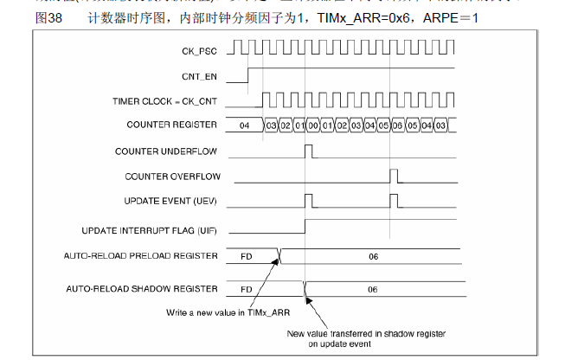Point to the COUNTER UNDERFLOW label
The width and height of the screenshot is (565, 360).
(166, 151)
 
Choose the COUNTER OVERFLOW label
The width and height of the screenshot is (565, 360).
(173, 177)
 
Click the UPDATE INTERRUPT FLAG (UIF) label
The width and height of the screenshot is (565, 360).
(150, 230)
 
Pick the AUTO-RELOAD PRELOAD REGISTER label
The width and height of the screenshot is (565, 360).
(141, 255)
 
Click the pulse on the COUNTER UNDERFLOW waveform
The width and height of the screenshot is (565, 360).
(310, 151)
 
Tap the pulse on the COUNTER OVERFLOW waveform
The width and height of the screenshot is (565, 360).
(394, 177)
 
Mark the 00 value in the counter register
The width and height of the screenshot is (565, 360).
(312, 126)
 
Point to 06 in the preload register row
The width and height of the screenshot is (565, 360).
(373, 256)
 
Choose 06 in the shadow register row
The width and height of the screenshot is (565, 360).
(373, 289)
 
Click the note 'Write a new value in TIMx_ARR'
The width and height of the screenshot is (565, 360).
(227, 312)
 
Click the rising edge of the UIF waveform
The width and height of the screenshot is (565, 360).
(305, 227)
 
